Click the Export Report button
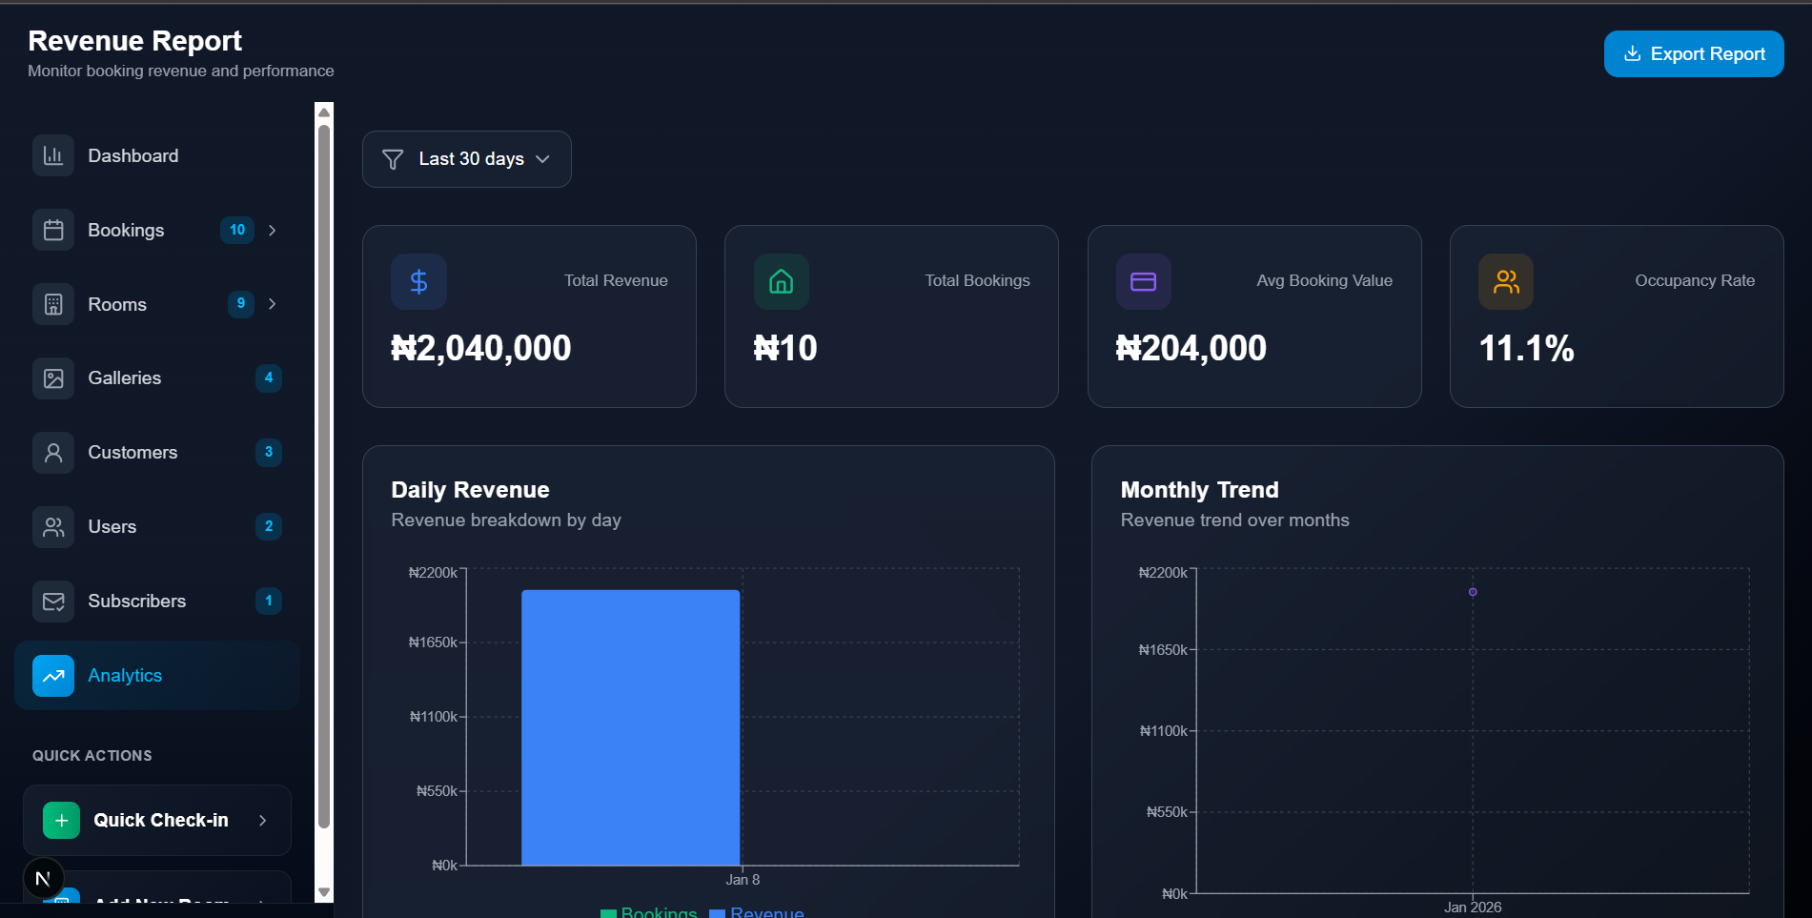[x=1693, y=54]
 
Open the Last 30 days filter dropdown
[x=466, y=159]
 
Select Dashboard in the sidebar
[x=132, y=156]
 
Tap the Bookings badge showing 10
[x=237, y=230]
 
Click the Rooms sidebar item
[x=117, y=304]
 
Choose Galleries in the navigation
[x=124, y=378]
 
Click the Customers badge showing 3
[x=269, y=452]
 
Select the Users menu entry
[x=112, y=527]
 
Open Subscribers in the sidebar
[x=136, y=602]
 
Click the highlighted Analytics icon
[x=53, y=676]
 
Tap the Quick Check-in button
[x=157, y=821]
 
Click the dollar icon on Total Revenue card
[x=418, y=282]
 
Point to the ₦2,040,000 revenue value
[x=481, y=349]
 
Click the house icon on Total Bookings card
[x=782, y=282]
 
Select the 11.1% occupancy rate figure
[x=1526, y=349]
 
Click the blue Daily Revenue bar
[x=630, y=727]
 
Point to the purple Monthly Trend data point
[x=1473, y=592]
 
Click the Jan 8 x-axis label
[x=743, y=880]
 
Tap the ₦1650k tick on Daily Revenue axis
[x=433, y=643]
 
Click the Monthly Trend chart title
[x=1199, y=490]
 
